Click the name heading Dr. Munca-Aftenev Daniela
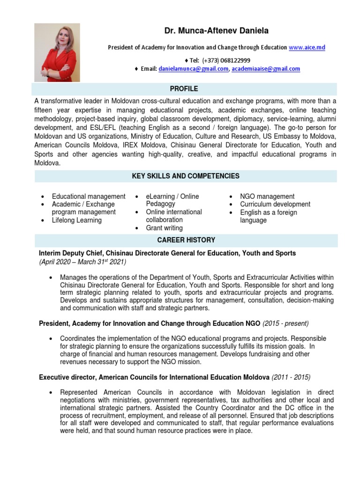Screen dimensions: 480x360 216,31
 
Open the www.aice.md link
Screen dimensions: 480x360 307,47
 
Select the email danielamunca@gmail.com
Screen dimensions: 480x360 194,69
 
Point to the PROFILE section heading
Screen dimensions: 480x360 184,89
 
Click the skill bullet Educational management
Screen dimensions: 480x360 89,196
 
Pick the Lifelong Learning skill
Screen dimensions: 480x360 76,220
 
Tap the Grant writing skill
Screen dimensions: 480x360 164,228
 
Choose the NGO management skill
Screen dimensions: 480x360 267,196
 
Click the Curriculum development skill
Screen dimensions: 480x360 275,204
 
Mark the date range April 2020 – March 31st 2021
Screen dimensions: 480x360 82,262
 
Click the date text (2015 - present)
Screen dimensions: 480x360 285,324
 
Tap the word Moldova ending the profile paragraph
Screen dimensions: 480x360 47,163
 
